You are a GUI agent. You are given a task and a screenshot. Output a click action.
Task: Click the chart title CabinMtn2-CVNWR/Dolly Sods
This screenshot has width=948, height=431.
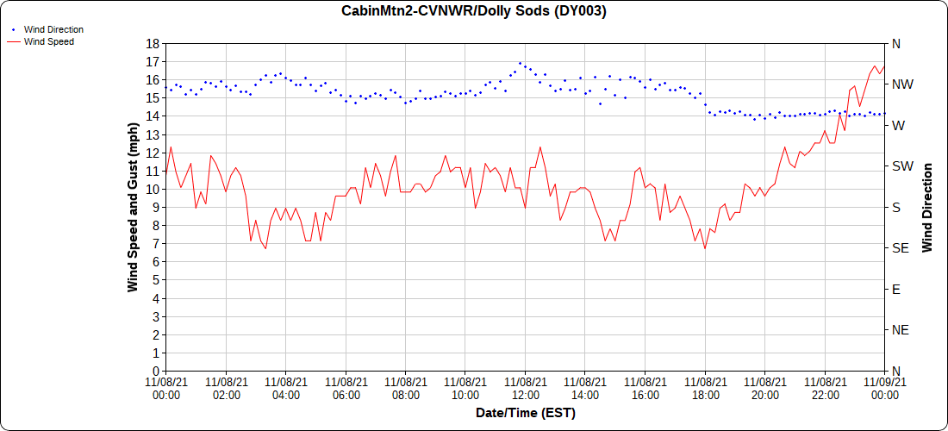click(x=473, y=11)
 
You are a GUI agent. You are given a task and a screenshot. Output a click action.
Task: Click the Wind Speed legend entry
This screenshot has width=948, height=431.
click(x=48, y=41)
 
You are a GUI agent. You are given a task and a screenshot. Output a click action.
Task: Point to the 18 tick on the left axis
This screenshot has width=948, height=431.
click(x=153, y=44)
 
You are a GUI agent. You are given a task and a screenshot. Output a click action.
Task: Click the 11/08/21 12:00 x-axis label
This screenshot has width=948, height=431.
click(x=525, y=388)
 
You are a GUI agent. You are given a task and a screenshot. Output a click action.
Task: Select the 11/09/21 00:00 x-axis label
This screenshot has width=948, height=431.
click(x=884, y=388)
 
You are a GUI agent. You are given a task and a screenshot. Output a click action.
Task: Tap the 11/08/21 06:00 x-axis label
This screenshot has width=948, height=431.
click(x=346, y=388)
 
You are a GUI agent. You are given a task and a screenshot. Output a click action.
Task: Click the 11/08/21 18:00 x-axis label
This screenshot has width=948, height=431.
click(x=705, y=388)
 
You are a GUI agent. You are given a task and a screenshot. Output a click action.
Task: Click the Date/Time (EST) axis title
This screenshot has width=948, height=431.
click(x=525, y=413)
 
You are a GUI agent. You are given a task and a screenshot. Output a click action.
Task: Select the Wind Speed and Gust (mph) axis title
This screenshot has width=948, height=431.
click(x=133, y=207)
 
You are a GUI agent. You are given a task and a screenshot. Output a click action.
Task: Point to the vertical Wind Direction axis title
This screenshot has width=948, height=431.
click(x=927, y=207)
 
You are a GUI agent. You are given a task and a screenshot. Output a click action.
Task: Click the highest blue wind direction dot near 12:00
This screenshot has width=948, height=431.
click(x=520, y=63)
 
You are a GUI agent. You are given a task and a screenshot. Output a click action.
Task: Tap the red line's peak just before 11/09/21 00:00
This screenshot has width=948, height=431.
click(x=875, y=66)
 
